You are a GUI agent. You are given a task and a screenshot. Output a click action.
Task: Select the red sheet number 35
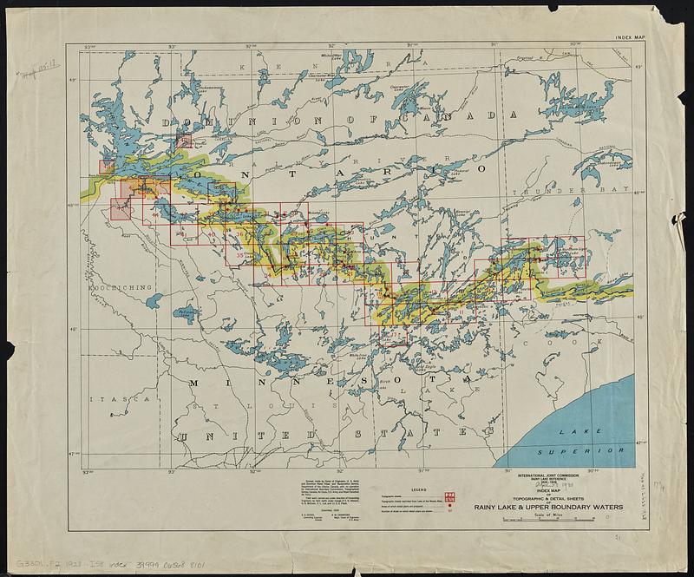pyautogui.click(x=240, y=255)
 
